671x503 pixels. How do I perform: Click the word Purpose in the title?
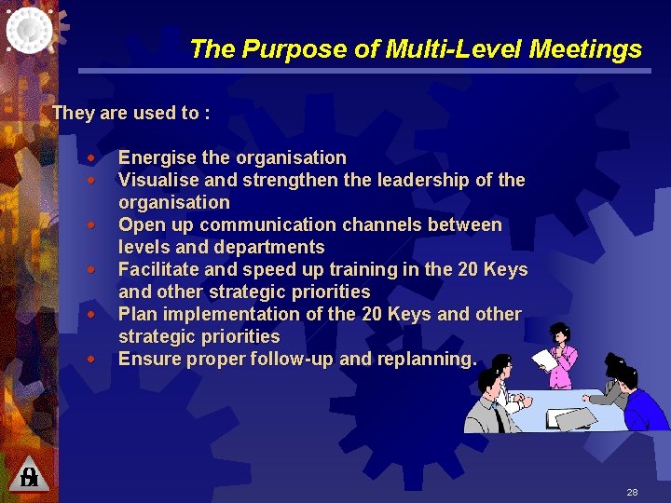click(281, 49)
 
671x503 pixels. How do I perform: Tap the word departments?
click(268, 247)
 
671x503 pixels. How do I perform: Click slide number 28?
click(632, 491)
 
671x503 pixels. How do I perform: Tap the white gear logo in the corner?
click(30, 30)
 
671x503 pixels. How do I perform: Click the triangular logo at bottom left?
click(29, 475)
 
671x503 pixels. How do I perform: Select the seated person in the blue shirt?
click(642, 400)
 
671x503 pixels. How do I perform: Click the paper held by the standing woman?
click(542, 360)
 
